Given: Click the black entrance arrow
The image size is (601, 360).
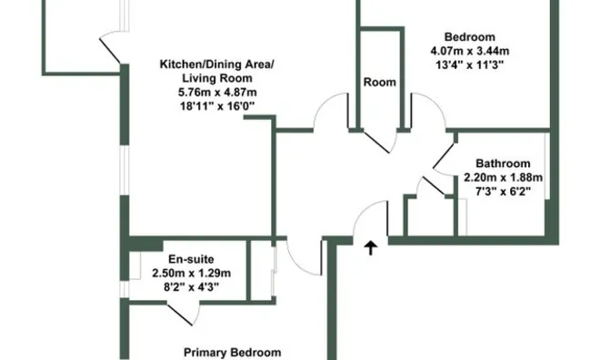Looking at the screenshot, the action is coord(371,247).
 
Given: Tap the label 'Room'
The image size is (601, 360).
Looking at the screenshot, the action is coord(379,82).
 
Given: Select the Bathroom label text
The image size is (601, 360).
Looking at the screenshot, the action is coord(503,164).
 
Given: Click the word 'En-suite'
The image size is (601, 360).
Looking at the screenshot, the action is coord(191,259).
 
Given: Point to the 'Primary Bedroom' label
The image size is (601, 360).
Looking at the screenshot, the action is coord(232,353).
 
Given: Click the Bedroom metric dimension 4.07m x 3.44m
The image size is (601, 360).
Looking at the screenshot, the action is coord(470,51).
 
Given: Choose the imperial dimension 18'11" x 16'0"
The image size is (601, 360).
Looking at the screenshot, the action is coord(217,105).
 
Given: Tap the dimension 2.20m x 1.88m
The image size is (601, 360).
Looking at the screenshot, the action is coord(504,177).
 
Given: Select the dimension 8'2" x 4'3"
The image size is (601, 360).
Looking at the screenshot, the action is coord(191,286).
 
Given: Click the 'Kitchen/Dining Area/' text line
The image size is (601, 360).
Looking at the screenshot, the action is coord(217,64).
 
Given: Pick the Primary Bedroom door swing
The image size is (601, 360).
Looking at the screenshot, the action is coord(303,261).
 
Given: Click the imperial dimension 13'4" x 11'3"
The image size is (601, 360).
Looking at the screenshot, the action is coord(469,65).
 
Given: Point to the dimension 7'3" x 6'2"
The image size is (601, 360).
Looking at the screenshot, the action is coord(504,191).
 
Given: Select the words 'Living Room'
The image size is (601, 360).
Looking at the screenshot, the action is coord(217,78).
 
